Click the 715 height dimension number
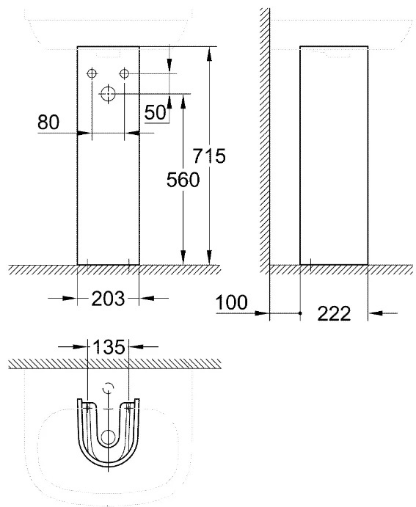pos(209,156)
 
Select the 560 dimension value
pos(183,180)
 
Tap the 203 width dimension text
pos(108,299)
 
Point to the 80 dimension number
pos(48,123)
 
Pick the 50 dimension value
pos(155,112)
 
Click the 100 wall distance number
pos(231,302)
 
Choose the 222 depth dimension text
pos(334,313)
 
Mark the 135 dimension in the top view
pos(109,347)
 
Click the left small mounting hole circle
pos(92,73)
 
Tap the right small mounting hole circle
pos(125,73)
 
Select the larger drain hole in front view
pos(108,94)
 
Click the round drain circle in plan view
pos(109,437)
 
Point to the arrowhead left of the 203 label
pos(70,298)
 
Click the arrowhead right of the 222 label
pos(375,313)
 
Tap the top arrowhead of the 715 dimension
pos(209,54)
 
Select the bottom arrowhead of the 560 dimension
pos(183,258)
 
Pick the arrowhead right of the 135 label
pos(136,346)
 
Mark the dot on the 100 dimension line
pos(300,313)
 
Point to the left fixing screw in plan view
pos(87,407)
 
